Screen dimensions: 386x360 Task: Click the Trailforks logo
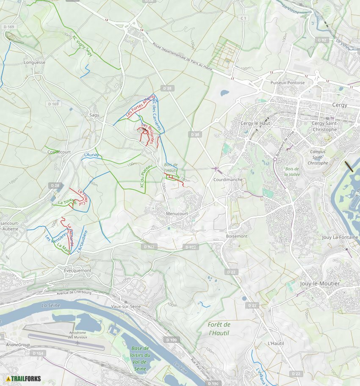click(x=24, y=378)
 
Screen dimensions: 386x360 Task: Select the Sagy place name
click(x=94, y=115)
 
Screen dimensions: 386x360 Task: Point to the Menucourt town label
click(x=177, y=214)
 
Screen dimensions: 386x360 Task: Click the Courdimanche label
click(x=228, y=179)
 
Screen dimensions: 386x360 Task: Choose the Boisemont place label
click(x=237, y=236)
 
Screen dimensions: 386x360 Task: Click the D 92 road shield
click(x=322, y=40)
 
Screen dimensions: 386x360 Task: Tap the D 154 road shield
click(x=38, y=353)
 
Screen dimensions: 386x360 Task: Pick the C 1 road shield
click(x=243, y=18)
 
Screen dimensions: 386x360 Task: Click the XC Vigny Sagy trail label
click(x=82, y=45)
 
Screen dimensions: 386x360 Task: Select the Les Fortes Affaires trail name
click(x=141, y=106)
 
